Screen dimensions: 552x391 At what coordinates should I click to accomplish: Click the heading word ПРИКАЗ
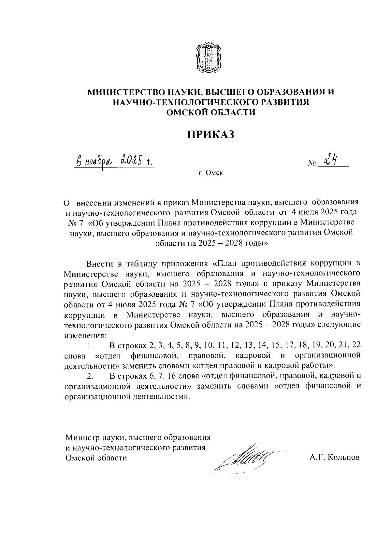point(210,134)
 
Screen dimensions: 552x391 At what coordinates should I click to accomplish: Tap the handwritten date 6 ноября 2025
point(114,160)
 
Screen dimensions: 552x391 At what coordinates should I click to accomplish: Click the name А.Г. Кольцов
point(335,458)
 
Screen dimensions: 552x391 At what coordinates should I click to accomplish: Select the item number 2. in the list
point(90,376)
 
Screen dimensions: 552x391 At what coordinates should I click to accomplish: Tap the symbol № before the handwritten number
point(311,162)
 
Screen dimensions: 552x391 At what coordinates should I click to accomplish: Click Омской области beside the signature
point(96,458)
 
